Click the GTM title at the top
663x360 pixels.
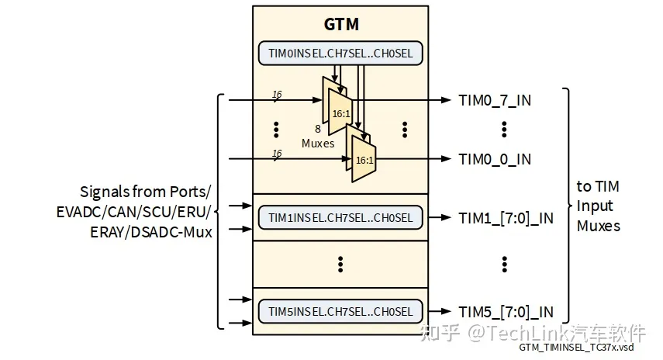340,24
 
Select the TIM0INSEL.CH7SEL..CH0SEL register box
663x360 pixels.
340,53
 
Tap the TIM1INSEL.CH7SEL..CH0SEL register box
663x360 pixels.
340,218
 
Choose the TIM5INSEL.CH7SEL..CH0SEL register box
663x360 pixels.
340,311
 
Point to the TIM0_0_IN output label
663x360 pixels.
495,159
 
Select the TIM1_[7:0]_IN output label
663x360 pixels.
506,218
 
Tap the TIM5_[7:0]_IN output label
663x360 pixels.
506,311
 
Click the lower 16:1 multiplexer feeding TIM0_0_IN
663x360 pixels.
363,159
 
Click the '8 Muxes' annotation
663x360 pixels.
318,137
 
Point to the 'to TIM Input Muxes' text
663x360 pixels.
599,206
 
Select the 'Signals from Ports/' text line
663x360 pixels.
145,191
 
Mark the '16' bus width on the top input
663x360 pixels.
277,95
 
